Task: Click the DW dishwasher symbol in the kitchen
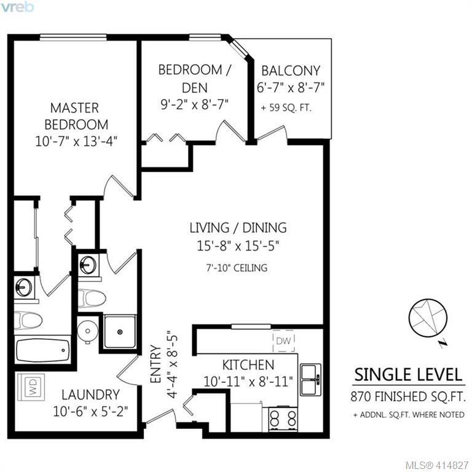283,340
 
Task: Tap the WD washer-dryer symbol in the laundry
31,387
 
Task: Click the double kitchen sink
310,380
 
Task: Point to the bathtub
43,350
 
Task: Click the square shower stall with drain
120,331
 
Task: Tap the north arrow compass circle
428,318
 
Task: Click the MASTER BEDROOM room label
75,116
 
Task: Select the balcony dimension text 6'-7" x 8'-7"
290,88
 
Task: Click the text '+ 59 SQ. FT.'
286,108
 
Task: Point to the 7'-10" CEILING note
237,268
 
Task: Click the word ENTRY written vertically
155,364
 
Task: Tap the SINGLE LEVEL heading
408,375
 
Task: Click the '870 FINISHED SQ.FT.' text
408,396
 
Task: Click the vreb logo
17,7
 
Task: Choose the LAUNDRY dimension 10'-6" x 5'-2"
90,412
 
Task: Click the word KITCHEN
248,365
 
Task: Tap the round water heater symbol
88,331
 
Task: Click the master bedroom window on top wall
73,37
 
